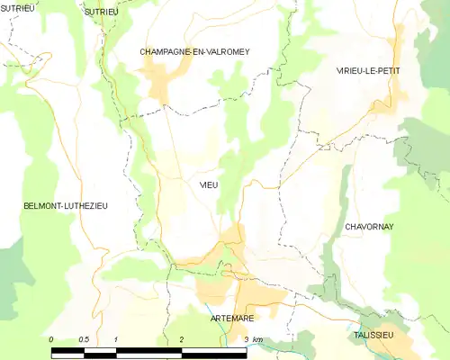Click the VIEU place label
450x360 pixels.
tap(209, 184)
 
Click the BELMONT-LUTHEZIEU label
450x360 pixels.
tap(65, 206)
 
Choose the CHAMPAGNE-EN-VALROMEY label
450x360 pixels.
tap(193, 52)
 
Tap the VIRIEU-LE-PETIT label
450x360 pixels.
tap(367, 70)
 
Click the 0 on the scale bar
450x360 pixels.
tap(51, 339)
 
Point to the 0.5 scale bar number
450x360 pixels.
tap(84, 339)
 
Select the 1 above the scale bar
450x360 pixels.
tap(117, 339)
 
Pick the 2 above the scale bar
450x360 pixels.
tap(182, 339)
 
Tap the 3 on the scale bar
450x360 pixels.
tap(246, 339)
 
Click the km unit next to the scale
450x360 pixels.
tap(258, 339)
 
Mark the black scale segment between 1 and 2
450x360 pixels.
tap(149, 352)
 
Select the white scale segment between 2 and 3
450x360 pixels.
tap(214, 352)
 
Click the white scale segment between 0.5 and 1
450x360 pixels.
tap(101, 352)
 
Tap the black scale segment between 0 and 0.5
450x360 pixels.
tap(67, 352)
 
